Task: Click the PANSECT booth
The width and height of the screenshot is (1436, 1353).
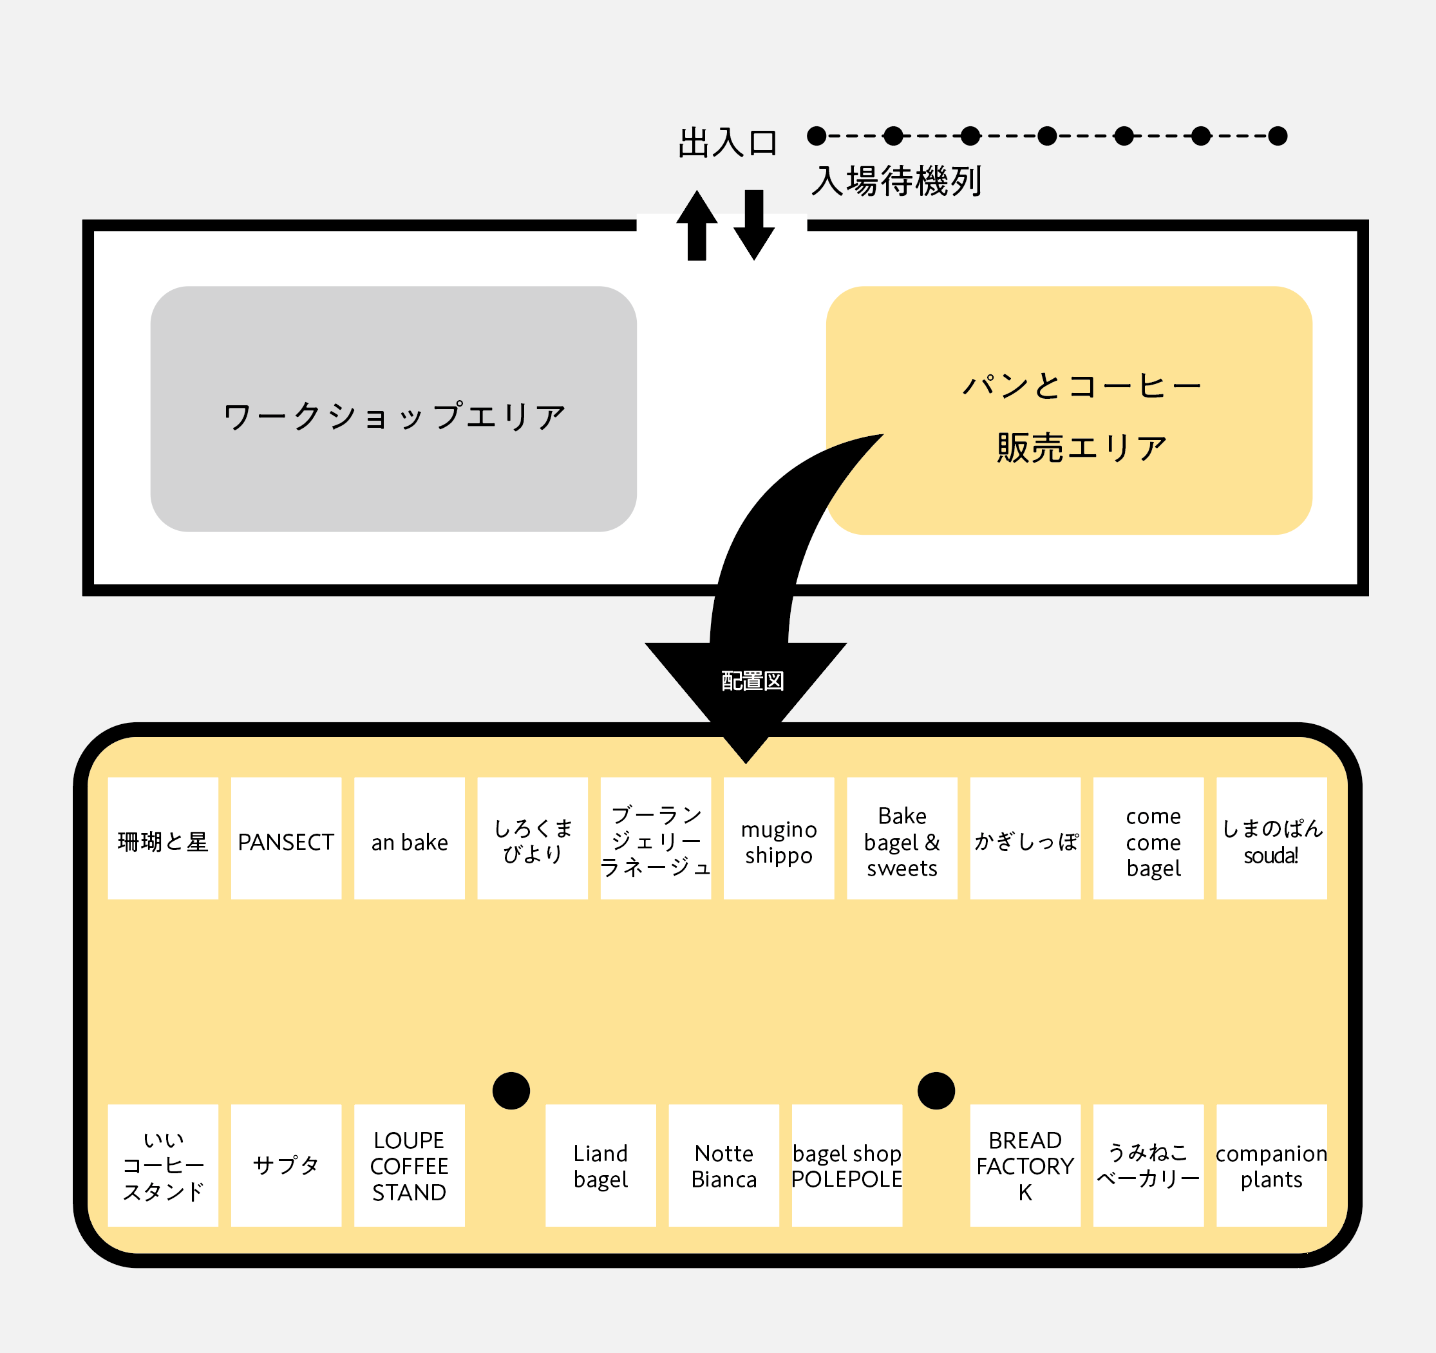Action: (286, 838)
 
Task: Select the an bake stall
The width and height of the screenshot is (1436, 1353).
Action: (409, 838)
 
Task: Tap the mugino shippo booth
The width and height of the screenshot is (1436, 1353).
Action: (779, 838)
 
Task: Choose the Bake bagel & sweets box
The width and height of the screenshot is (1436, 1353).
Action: (902, 838)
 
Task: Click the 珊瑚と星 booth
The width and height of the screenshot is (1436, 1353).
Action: (162, 838)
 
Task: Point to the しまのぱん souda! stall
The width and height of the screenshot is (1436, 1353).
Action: (1271, 838)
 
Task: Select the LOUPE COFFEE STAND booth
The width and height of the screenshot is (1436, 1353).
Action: (409, 1165)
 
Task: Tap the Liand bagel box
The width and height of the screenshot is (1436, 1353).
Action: (600, 1165)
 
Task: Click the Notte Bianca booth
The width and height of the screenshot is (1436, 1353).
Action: (724, 1165)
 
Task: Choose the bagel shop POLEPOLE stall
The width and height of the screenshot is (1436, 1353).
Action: (847, 1165)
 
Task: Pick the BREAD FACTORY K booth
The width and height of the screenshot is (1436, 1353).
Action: (1025, 1165)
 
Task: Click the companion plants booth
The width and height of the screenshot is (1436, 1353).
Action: (1271, 1165)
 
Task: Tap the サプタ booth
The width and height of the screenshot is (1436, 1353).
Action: (286, 1165)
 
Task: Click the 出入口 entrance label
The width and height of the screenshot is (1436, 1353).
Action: (728, 142)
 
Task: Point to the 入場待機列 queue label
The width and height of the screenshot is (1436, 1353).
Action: (896, 180)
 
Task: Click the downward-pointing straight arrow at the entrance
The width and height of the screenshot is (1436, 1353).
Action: (754, 224)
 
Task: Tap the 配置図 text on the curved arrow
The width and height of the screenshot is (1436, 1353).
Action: (752, 680)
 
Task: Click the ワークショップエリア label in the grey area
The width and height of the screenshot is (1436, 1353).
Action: (393, 416)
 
